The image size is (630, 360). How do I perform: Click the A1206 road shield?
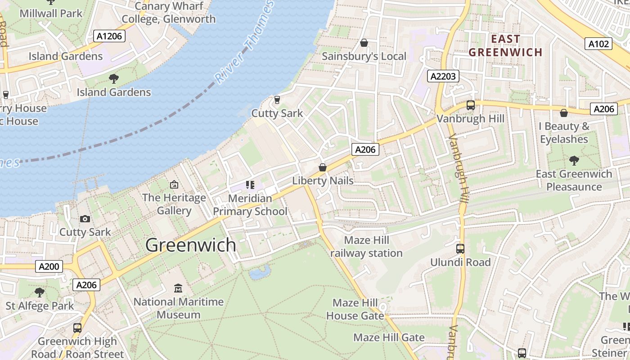click(109, 36)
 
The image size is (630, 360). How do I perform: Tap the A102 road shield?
click(598, 44)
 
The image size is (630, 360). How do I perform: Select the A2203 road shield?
click(443, 76)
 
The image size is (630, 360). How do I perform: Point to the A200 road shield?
click(49, 266)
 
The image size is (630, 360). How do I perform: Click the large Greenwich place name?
click(191, 245)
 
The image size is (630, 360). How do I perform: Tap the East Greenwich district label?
click(505, 45)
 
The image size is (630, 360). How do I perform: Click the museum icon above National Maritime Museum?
click(178, 288)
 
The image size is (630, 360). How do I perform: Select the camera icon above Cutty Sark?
click(85, 219)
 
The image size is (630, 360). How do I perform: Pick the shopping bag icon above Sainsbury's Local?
click(364, 43)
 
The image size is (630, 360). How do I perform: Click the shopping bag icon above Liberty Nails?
click(323, 167)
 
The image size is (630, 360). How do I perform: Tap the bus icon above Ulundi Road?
click(460, 248)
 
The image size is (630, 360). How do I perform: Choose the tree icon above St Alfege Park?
click(40, 292)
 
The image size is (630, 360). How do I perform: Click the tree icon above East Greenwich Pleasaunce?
click(574, 160)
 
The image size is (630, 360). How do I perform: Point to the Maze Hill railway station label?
click(366, 247)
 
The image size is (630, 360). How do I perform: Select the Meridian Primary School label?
click(250, 205)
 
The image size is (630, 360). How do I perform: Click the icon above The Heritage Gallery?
click(174, 184)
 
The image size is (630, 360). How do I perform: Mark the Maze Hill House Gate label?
click(355, 309)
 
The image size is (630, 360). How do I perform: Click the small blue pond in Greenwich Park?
click(260, 272)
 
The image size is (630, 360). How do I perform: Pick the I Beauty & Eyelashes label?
click(564, 133)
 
